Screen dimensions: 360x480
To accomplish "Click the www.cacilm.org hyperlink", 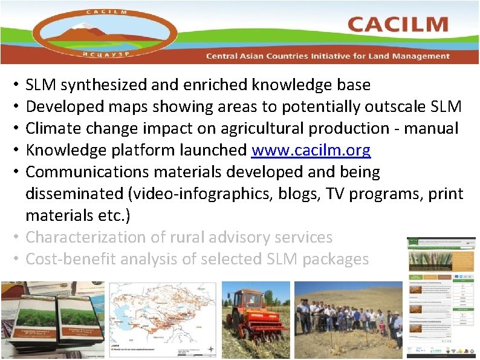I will pos(311,150).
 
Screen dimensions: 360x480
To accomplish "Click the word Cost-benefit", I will pos(71,260).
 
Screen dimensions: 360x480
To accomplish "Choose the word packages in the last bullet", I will pos(336,260).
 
